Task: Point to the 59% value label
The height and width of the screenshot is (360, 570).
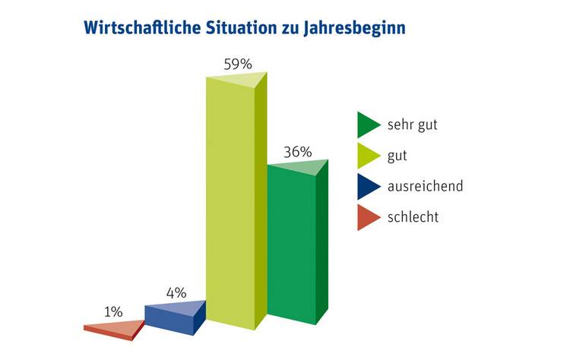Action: point(238,64)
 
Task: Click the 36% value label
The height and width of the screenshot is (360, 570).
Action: point(297,151)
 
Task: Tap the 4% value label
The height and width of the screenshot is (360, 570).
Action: point(176,292)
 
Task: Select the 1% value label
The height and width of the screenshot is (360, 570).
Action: point(113,311)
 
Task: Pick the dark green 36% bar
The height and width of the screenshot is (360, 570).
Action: point(292,243)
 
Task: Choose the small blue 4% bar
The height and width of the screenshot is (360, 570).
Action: point(169,317)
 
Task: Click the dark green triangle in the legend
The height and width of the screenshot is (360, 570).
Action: point(367,125)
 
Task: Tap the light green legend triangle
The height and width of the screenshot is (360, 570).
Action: point(367,156)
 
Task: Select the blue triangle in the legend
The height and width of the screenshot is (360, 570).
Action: point(367,187)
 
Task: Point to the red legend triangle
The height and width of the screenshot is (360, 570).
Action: point(367,218)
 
